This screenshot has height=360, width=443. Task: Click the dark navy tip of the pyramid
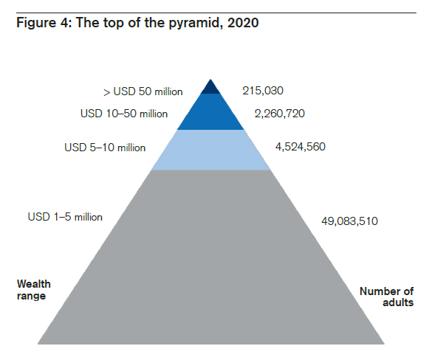pos(210,88)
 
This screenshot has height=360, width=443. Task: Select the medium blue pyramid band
pos(210,113)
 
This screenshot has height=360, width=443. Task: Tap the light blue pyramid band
pos(210,150)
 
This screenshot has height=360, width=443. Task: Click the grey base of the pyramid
pos(210,258)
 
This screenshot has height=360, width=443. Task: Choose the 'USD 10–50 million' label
pos(124,114)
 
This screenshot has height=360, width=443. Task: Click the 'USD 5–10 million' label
pos(105,148)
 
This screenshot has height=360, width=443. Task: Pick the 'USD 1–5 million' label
pos(65,217)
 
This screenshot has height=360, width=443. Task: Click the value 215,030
pos(263,91)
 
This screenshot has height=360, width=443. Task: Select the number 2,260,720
pos(279,114)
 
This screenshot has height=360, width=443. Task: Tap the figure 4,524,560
pos(300,147)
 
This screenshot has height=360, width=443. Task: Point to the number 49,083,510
pos(350,221)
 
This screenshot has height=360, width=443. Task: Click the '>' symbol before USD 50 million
pos(107,93)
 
